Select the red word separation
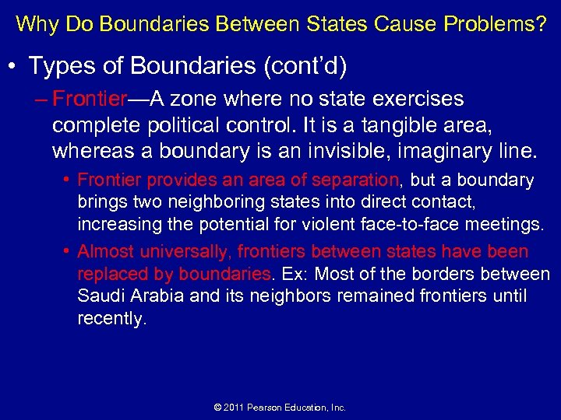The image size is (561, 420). (x=355, y=180)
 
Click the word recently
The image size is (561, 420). (x=111, y=319)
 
